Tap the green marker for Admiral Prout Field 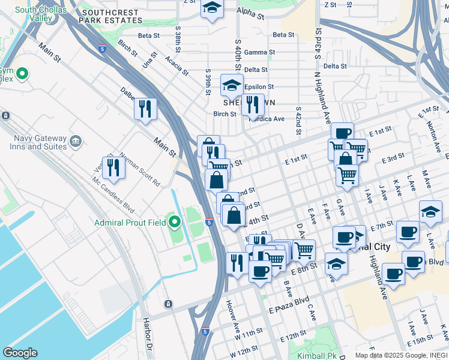pos(175,223)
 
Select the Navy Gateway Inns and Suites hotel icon pos(76,142)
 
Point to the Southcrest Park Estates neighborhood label pos(113,17)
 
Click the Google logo pos(20,353)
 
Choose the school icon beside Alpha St pos(211,8)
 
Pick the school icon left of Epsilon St pos(231,86)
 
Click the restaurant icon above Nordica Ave pos(253,104)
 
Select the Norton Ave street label pos(433,130)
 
